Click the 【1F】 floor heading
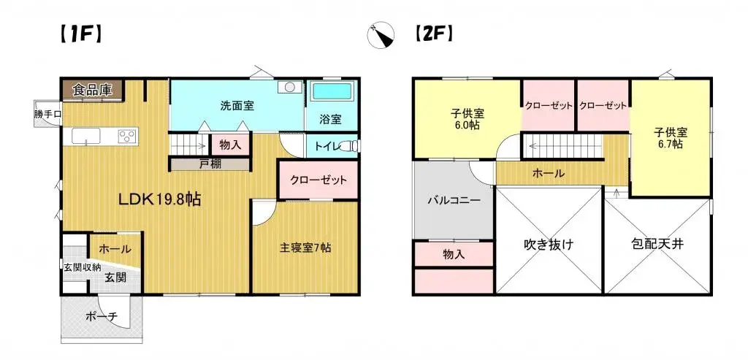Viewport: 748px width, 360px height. tap(80, 34)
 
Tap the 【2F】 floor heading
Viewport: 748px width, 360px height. tap(434, 34)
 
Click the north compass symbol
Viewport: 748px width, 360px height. tap(382, 34)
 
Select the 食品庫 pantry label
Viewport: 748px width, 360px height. tap(92, 90)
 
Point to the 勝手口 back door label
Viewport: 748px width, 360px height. tap(47, 114)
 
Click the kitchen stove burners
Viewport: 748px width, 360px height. tap(126, 135)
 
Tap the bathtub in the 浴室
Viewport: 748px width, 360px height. tap(332, 93)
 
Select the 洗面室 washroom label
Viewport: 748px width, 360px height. tap(237, 105)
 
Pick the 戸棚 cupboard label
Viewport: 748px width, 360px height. tap(208, 164)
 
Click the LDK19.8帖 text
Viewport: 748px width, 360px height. tap(161, 199)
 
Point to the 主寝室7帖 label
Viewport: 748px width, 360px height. tap(305, 248)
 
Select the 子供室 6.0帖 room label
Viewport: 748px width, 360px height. tap(465, 119)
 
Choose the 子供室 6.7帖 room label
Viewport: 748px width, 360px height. tap(669, 137)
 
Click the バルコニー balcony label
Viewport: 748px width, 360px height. tap(454, 201)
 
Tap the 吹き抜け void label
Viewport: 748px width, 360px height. tap(548, 244)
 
